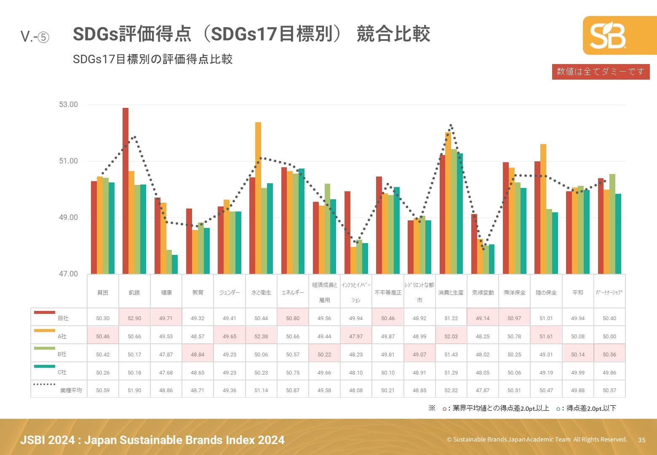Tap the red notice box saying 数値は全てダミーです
[601, 72]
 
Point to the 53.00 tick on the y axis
[68, 104]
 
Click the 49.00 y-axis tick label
[68, 217]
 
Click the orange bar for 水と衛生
[258, 198]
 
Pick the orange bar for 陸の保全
[543, 209]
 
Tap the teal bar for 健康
[175, 264]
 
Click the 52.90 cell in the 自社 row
[134, 318]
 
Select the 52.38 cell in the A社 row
[261, 336]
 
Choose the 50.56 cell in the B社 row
[609, 354]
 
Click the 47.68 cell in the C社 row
[166, 372]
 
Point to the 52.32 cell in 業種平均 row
[451, 390]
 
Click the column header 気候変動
[483, 292]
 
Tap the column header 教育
[198, 292]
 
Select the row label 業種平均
[71, 391]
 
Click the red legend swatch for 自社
[44, 312]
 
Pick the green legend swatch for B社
[44, 348]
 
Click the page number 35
[641, 440]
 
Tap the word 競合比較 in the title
[393, 34]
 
